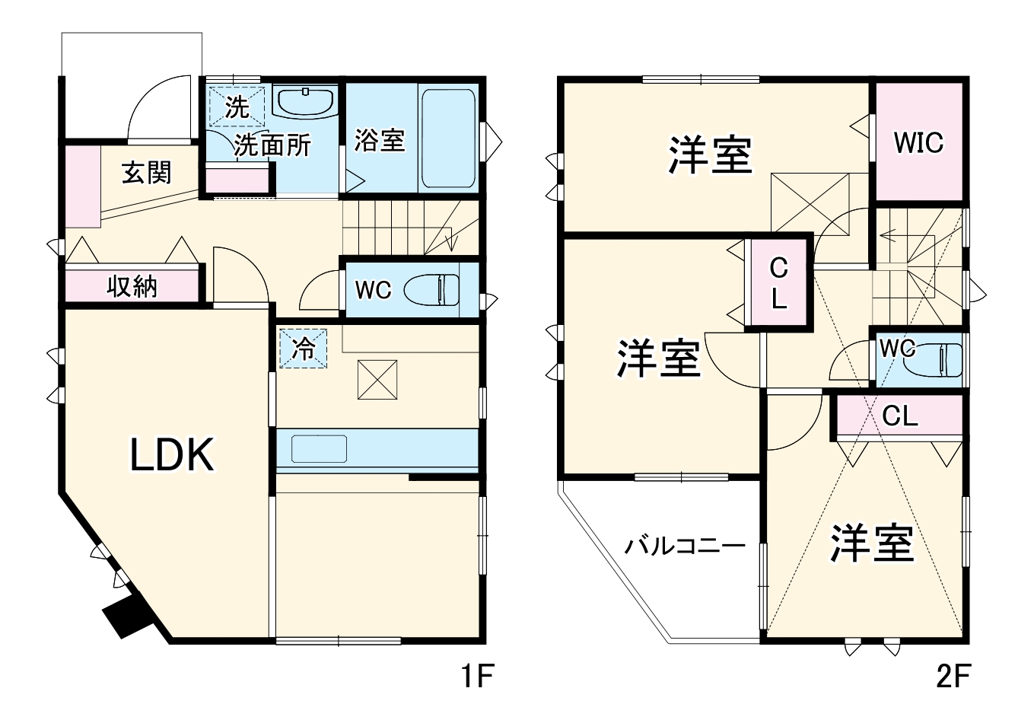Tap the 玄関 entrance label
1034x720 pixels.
coord(147,173)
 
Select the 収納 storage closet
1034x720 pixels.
coord(132,287)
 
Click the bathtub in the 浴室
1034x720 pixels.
coord(448,139)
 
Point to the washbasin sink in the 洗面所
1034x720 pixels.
coord(305,101)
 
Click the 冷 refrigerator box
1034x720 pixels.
coord(303,349)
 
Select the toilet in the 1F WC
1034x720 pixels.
coord(431,290)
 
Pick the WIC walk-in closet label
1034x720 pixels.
coord(918,142)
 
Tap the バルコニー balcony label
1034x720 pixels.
coord(685,546)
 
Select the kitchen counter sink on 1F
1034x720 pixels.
coord(319,449)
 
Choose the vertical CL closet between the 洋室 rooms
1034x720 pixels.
coord(778,283)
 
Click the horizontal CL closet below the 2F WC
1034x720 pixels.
coord(899,416)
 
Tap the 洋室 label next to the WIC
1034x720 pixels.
coord(711,155)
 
